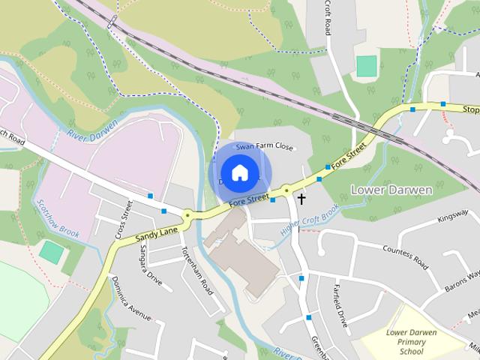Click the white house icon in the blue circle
238,173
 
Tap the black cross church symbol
301,199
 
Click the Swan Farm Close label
264,147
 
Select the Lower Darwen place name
391,190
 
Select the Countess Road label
404,256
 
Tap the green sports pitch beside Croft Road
365,66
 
